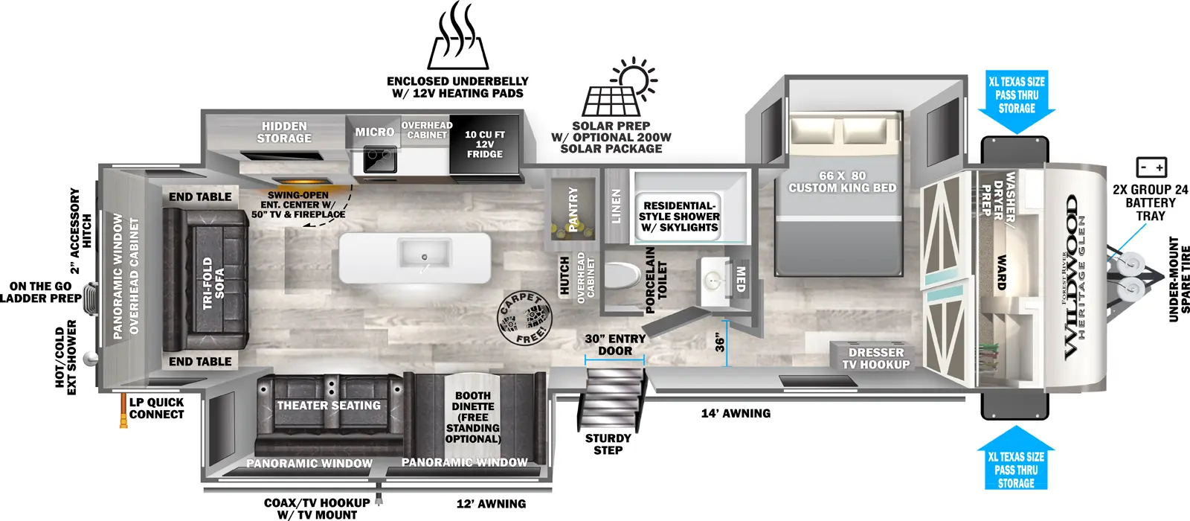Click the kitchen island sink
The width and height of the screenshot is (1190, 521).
pos(425,254)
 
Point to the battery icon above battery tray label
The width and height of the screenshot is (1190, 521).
pos(1151,167)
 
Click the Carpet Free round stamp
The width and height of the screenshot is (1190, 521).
pos(525,319)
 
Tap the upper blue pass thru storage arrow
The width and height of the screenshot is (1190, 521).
pos(1016,103)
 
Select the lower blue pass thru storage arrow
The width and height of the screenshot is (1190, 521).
pos(1016,458)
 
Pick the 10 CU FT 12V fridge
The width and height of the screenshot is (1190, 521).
pos(485,145)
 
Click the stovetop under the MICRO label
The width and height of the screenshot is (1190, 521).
pos(379,159)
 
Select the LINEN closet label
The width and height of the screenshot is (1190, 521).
pos(616,206)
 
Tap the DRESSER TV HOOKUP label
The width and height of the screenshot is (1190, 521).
pos(875,358)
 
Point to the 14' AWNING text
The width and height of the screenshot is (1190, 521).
pos(736,413)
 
